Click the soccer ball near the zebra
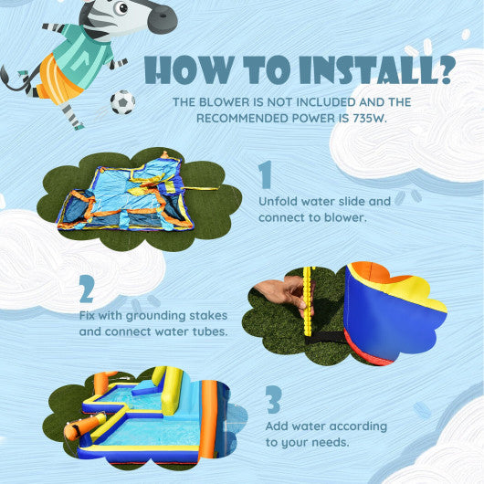point(122,102)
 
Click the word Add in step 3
point(278,426)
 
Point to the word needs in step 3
point(333,443)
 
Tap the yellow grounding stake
point(308,292)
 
